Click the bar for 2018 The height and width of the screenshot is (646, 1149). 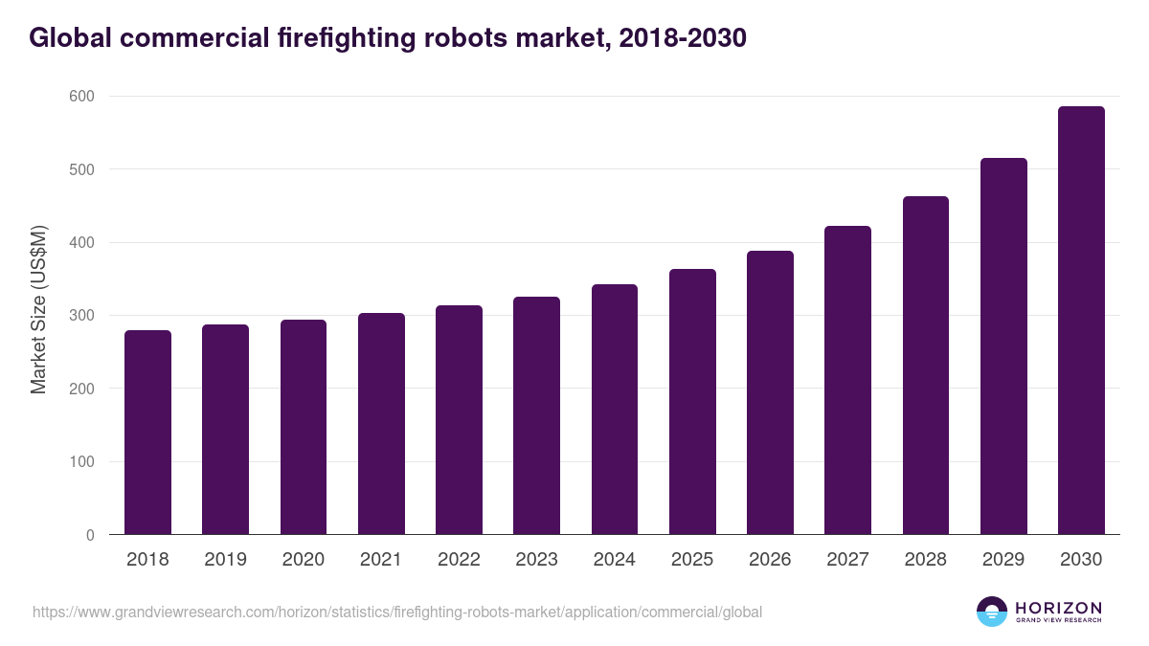147,433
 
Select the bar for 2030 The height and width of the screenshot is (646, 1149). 1081,321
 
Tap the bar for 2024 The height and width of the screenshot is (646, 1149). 614,410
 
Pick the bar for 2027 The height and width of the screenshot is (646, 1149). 847,380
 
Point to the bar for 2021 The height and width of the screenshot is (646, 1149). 381,424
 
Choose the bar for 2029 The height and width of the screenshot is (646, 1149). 1003,346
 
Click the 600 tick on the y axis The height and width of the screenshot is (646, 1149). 81,97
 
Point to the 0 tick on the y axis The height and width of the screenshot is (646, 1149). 89,535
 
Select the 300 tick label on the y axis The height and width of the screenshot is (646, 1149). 81,316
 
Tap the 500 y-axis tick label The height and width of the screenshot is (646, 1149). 81,169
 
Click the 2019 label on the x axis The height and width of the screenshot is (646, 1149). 225,560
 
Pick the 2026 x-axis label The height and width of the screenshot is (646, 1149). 770,560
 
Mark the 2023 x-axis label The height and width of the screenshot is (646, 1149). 536,560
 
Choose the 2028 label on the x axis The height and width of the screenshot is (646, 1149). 925,560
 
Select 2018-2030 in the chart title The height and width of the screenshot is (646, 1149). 682,38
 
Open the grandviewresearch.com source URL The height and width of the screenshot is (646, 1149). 397,612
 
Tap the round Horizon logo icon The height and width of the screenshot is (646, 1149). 991,612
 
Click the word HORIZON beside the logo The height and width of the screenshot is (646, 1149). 1058,608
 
